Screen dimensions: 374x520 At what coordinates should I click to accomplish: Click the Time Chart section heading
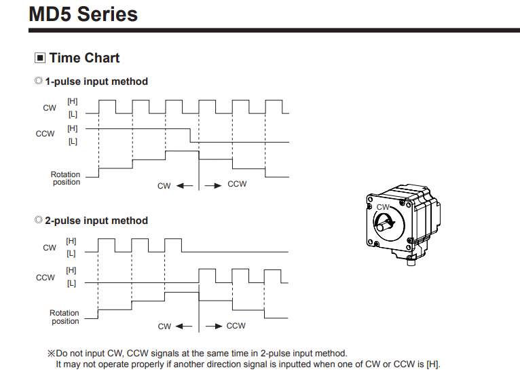[84, 58]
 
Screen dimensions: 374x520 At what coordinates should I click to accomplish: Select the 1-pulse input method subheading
[96, 81]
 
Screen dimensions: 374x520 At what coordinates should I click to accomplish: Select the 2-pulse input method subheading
[96, 221]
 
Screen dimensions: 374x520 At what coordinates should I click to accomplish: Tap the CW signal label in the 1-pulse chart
[50, 107]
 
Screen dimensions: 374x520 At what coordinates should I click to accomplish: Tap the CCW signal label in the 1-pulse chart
[45, 134]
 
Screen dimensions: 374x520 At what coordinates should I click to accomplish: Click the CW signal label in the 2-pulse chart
[50, 247]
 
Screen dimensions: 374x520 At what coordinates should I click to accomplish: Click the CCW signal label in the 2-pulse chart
[45, 277]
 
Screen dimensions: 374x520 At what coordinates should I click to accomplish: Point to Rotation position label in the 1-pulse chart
[66, 178]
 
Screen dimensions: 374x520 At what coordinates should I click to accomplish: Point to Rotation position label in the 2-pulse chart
[65, 317]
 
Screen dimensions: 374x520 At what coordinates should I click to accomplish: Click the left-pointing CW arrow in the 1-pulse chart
[185, 185]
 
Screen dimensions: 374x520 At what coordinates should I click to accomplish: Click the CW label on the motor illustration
[384, 206]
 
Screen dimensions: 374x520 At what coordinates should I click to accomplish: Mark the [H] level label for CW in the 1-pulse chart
[72, 101]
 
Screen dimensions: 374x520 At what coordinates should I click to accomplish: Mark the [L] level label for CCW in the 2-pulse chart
[72, 282]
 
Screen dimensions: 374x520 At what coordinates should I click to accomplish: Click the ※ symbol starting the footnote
[50, 354]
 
